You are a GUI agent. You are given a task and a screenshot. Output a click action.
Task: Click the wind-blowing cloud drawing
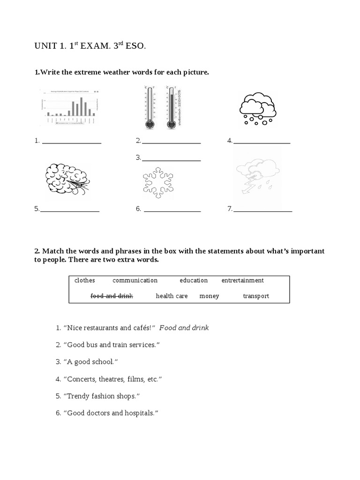pyautogui.click(x=67, y=180)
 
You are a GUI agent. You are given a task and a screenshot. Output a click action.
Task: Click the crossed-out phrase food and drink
pyautogui.click(x=112, y=296)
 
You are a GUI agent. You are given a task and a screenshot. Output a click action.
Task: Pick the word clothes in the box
pyautogui.click(x=84, y=280)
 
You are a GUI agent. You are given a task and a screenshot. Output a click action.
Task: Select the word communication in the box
pyautogui.click(x=135, y=280)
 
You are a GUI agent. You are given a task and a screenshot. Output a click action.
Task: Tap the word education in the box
pyautogui.click(x=194, y=280)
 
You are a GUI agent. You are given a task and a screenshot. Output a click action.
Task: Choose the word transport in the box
pyautogui.click(x=256, y=296)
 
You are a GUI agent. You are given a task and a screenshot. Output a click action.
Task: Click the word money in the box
pyautogui.click(x=209, y=296)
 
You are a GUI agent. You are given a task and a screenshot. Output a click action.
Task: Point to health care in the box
pyautogui.click(x=172, y=296)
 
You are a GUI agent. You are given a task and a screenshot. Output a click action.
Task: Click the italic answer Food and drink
pyautogui.click(x=184, y=328)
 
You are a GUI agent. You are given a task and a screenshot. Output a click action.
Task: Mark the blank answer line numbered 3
pyautogui.click(x=171, y=160)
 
